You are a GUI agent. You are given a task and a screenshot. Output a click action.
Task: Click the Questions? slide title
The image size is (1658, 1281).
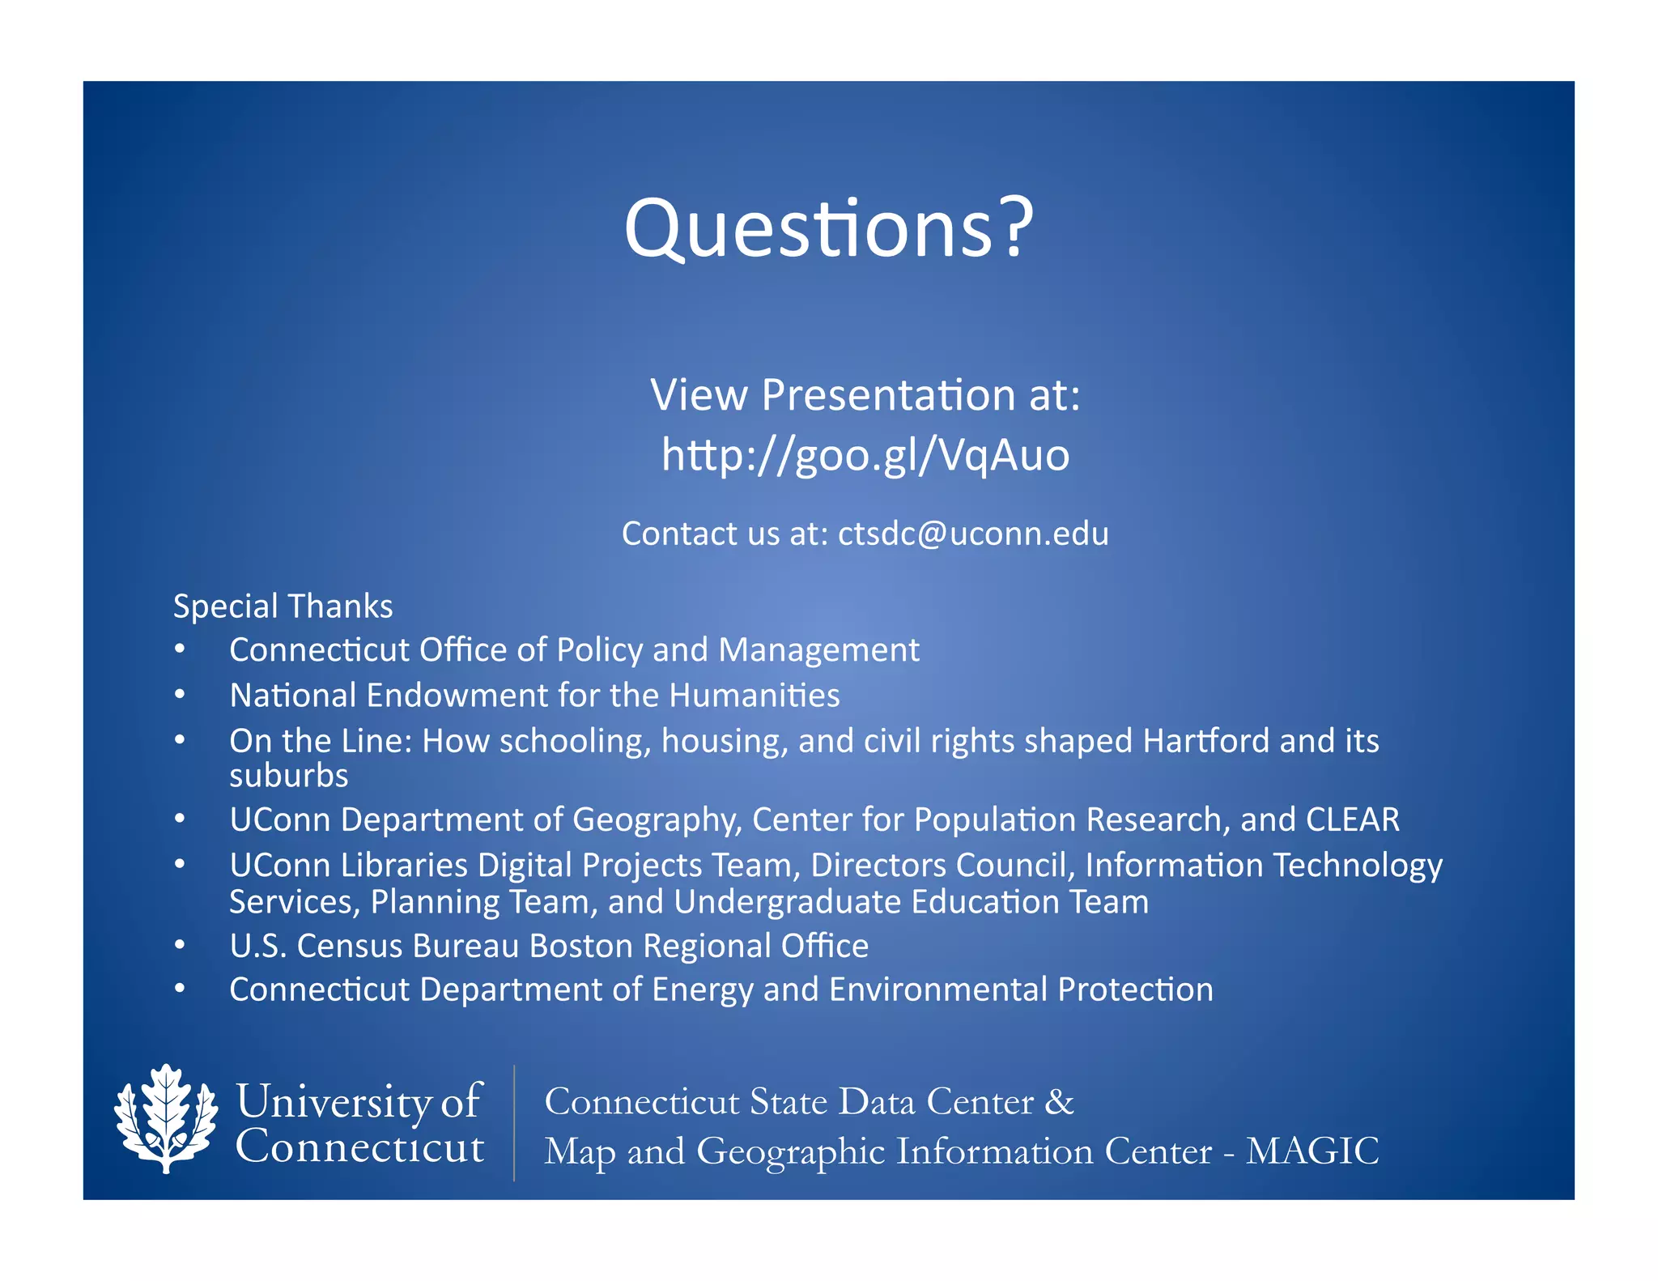[x=828, y=229]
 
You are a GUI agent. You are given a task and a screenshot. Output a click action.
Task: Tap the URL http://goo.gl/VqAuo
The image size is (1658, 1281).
[x=865, y=455]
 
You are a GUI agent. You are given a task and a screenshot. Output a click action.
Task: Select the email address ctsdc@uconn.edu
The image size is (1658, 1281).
[x=973, y=534]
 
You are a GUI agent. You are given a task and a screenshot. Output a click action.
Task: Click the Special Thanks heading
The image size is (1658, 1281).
[x=283, y=606]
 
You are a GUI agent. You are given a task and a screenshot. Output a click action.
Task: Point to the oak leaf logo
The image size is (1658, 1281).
[x=166, y=1118]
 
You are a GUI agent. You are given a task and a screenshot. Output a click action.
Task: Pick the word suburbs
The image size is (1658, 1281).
[x=288, y=776]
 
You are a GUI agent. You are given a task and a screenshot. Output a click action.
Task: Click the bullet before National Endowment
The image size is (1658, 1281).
[x=180, y=695]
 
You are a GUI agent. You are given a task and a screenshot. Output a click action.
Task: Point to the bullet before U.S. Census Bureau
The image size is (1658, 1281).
[x=180, y=945]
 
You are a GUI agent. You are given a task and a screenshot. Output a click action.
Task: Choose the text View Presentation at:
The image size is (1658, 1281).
[x=865, y=395]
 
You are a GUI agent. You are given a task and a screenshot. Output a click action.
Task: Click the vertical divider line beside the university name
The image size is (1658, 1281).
[x=514, y=1122]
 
